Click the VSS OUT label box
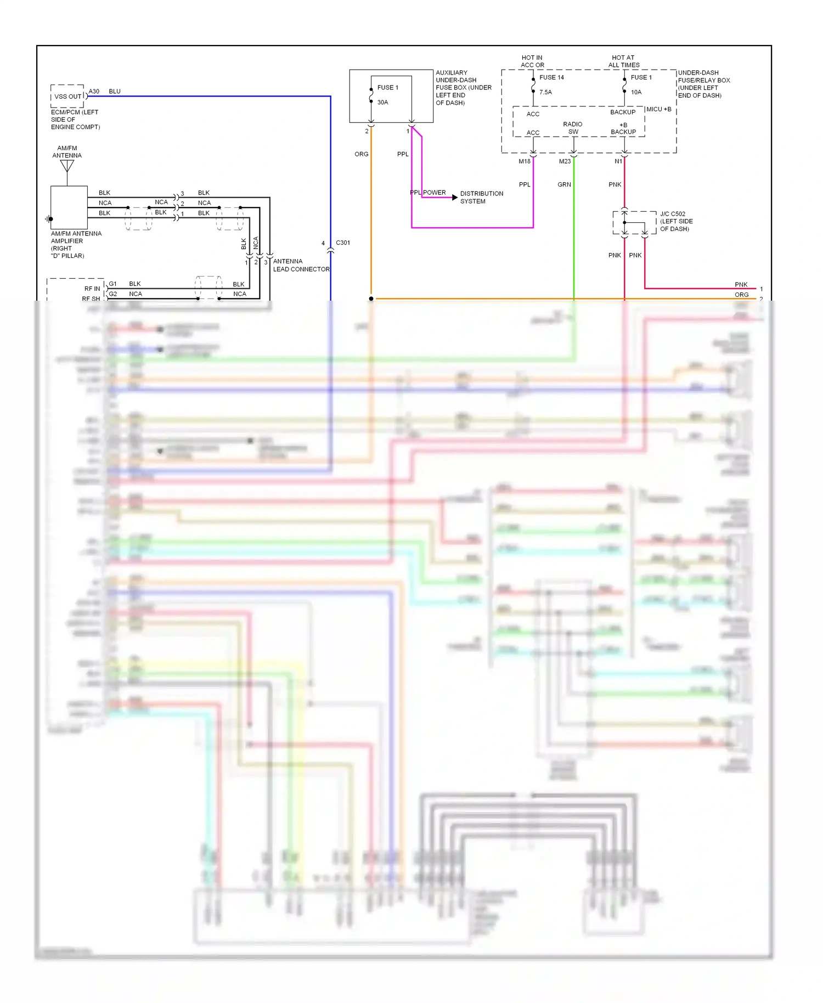point(68,96)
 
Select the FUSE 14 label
point(551,77)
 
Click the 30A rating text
point(382,103)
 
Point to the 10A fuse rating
point(636,92)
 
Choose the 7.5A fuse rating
point(545,92)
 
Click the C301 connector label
point(343,243)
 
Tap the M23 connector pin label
point(565,161)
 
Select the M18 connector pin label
point(525,161)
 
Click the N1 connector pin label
point(618,161)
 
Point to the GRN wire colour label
point(564,184)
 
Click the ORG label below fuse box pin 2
point(362,154)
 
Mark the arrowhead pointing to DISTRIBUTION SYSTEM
point(454,198)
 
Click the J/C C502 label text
point(673,214)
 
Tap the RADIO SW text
point(573,128)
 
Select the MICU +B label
point(659,109)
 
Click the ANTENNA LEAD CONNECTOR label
point(301,265)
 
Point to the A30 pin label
point(94,92)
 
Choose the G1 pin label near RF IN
point(112,284)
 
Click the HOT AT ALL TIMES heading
point(623,61)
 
